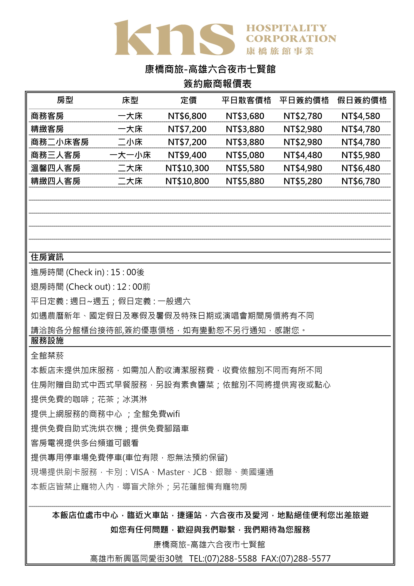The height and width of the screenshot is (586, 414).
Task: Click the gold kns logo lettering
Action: [x=174, y=38]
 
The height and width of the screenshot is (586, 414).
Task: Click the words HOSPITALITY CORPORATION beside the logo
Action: [x=291, y=33]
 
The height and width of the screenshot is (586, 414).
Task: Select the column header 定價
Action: [x=189, y=100]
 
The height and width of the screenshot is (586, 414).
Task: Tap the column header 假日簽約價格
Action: [x=362, y=100]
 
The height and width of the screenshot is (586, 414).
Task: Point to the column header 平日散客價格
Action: [x=246, y=100]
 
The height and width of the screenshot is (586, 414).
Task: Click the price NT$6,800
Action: [x=187, y=116]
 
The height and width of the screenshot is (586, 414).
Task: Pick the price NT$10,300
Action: [x=187, y=168]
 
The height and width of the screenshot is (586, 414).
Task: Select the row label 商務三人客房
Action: [x=56, y=155]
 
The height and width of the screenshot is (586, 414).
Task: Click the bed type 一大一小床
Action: [x=130, y=155]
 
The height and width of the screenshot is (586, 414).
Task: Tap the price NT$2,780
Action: [x=303, y=116]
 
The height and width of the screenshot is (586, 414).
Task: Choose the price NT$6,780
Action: [x=361, y=181]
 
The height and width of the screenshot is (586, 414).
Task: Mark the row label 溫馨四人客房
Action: [x=56, y=168]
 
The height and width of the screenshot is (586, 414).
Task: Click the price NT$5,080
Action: [x=245, y=155]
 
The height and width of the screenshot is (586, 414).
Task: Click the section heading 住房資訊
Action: [x=47, y=257]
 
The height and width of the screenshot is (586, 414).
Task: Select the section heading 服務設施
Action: [x=47, y=341]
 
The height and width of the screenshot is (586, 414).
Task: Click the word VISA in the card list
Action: [x=140, y=472]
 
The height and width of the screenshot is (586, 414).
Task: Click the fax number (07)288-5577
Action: [x=305, y=558]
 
